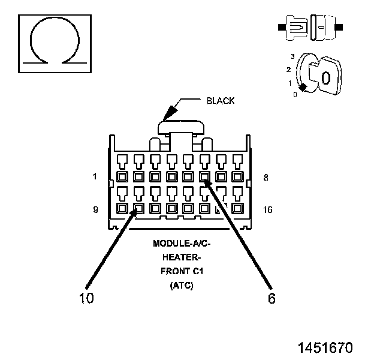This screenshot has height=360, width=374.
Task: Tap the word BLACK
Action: pos(221,101)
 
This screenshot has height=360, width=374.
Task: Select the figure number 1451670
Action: pos(325,347)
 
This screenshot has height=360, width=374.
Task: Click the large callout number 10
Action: pos(86,298)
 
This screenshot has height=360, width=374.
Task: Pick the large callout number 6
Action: pos(272,298)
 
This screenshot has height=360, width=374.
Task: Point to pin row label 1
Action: pos(95,176)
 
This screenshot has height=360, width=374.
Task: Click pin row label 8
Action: pos(266,178)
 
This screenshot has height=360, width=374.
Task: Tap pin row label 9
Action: pos(95,209)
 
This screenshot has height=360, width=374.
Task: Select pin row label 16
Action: pos(268,209)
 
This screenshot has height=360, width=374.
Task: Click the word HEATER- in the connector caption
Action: pos(182,257)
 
